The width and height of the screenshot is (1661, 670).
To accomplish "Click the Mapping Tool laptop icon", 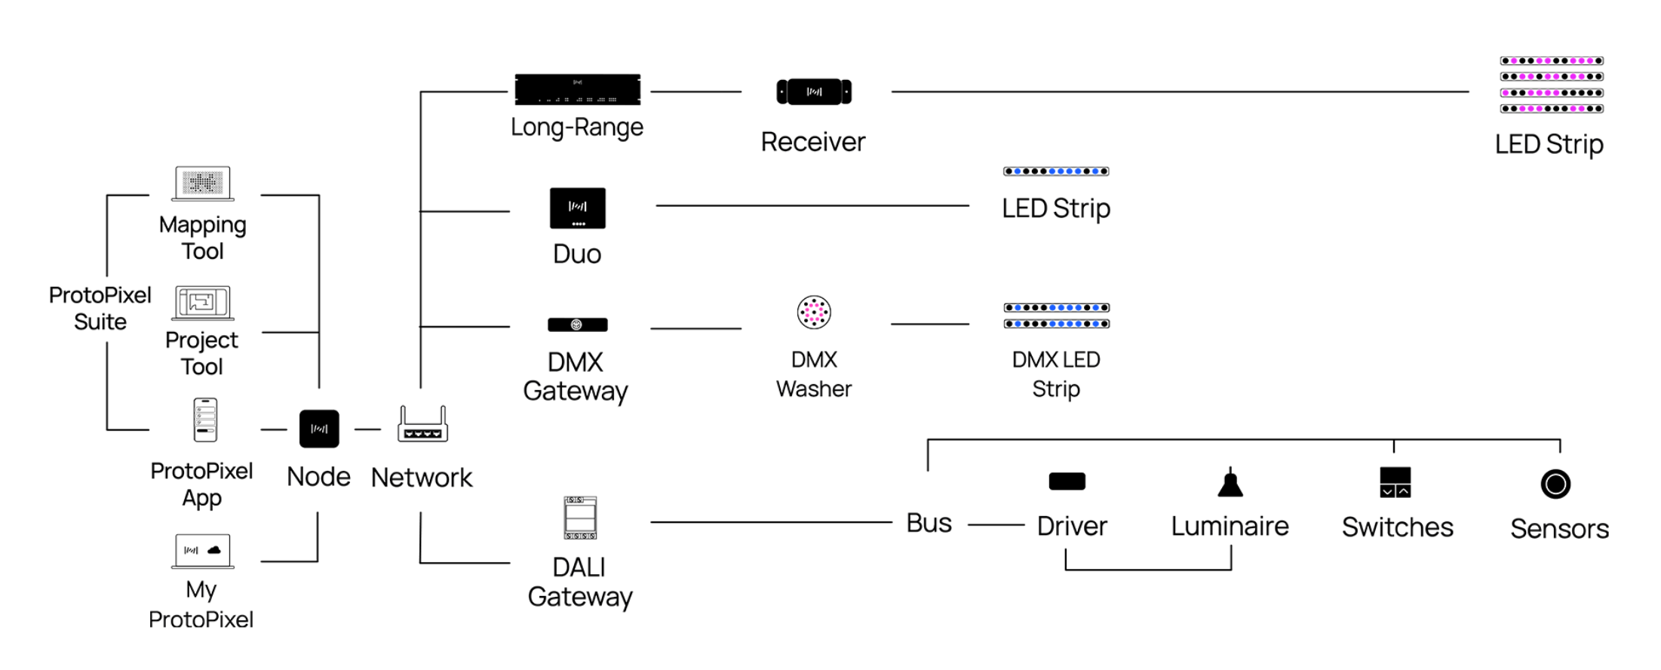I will click(x=203, y=183).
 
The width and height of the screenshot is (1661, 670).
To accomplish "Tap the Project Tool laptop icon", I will click(x=202, y=303).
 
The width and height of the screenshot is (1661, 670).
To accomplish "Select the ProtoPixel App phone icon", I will click(x=205, y=420).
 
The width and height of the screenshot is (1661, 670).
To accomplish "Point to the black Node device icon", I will click(x=319, y=429).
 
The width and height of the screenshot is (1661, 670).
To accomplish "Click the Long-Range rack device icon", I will click(x=577, y=90).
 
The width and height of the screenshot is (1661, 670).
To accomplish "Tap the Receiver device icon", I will click(x=814, y=92).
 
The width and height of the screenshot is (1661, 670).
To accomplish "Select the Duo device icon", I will click(x=577, y=208).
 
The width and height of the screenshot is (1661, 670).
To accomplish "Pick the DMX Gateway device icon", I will click(x=577, y=325).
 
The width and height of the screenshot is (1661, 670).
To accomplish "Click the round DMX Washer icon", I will click(x=814, y=312).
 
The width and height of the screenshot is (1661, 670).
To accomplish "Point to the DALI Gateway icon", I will click(x=580, y=518).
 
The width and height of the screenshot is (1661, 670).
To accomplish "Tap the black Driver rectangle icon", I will click(x=1067, y=481).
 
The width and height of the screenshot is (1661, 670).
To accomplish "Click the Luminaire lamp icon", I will click(x=1230, y=483).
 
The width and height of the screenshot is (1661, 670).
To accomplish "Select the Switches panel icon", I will click(x=1395, y=482).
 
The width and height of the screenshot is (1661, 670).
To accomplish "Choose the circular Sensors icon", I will click(x=1555, y=484).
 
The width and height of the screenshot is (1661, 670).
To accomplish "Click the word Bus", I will click(x=929, y=523).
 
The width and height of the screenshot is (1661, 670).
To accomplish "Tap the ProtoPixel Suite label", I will click(x=100, y=309).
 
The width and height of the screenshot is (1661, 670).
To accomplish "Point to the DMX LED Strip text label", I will click(x=1056, y=374).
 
